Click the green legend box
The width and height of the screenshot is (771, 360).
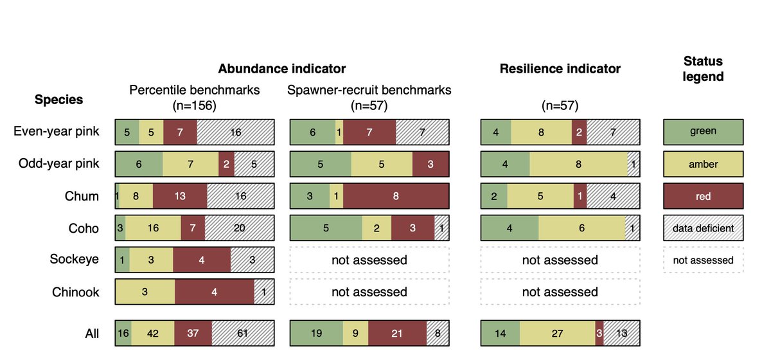tap(703, 131)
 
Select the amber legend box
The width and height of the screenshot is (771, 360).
tap(703, 163)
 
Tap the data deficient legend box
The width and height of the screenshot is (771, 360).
tap(703, 228)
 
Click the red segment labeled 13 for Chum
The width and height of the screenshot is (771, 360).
tap(180, 196)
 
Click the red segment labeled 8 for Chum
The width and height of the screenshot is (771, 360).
tap(396, 196)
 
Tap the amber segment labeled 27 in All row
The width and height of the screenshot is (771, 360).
tap(557, 333)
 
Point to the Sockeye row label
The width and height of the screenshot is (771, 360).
tap(75, 260)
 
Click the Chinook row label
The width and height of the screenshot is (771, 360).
tap(76, 292)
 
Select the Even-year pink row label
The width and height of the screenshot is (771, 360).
tap(57, 131)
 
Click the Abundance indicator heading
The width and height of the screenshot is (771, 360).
tap(282, 69)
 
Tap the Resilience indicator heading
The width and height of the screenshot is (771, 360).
tap(560, 69)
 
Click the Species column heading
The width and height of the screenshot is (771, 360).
tap(58, 100)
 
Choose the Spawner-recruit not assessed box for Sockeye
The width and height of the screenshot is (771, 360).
tap(369, 260)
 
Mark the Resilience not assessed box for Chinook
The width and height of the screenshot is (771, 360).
tap(560, 292)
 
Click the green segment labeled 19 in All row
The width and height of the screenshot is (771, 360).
tap(316, 333)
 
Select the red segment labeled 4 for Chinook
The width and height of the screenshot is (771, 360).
tap(213, 292)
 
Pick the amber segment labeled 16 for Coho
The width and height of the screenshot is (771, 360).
tap(153, 228)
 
